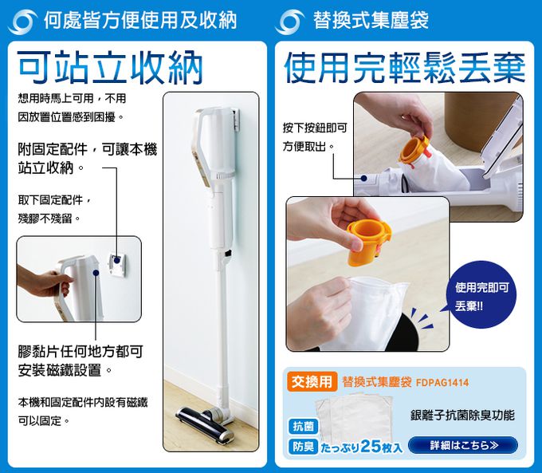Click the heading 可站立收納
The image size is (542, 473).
tap(110, 68)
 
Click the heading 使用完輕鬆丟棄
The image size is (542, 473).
tap(404, 69)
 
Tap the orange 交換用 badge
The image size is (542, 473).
tap(312, 381)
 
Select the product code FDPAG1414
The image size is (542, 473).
tap(442, 383)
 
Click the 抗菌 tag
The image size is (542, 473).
tap(303, 427)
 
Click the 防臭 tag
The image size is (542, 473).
tap(303, 447)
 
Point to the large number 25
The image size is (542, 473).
tap(371, 446)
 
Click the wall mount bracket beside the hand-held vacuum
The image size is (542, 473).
tap(117, 266)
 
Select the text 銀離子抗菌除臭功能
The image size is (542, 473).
tap(462, 415)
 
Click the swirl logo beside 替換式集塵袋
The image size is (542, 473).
tap(289, 22)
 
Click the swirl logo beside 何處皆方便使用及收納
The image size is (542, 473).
tap(22, 22)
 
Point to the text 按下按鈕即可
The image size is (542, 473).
tap(315, 128)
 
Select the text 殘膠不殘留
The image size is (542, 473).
tap(49, 219)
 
